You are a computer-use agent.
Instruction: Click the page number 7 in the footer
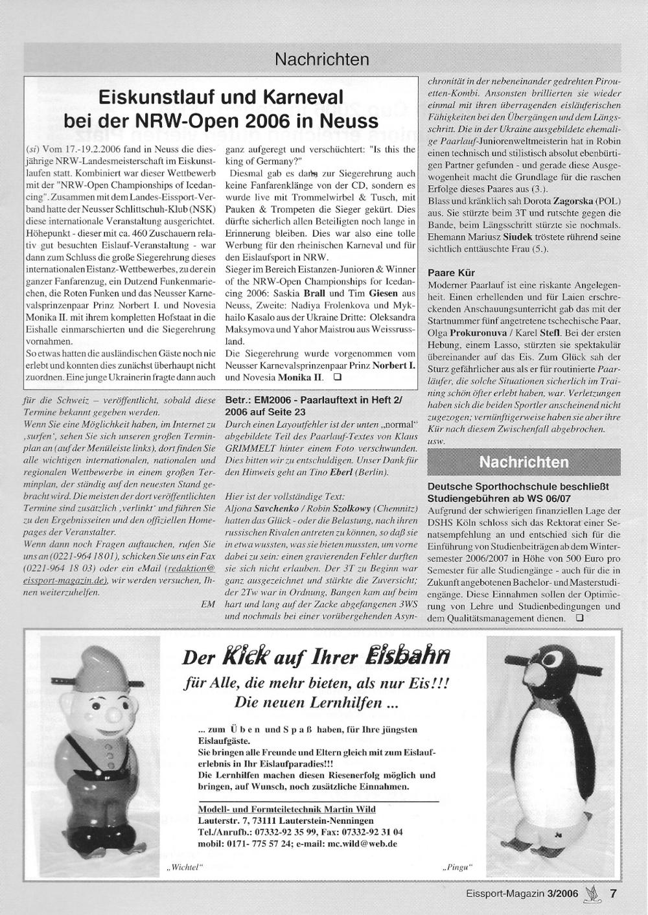pyautogui.click(x=614, y=893)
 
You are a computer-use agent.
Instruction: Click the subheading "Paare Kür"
pyautogui.click(x=452, y=272)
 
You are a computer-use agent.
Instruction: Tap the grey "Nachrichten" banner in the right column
pyautogui.click(x=524, y=462)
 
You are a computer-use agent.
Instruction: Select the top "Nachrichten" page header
pyautogui.click(x=322, y=60)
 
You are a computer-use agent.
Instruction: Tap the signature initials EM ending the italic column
pyautogui.click(x=208, y=603)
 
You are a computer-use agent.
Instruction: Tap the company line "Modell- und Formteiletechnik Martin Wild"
pyautogui.click(x=286, y=809)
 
